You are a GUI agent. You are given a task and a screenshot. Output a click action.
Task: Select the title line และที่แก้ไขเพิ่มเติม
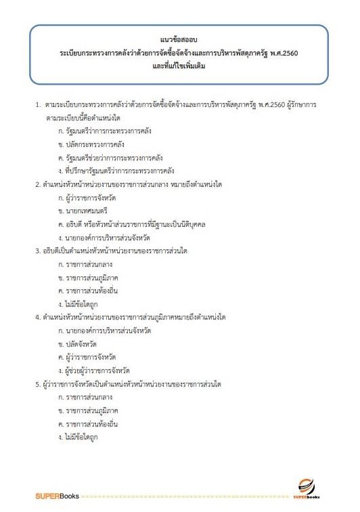[x=180, y=66]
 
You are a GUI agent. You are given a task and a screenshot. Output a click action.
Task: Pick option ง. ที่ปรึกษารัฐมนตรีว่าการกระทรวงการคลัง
[x=117, y=171]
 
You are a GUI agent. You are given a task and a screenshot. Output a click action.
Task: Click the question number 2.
[x=37, y=184]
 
